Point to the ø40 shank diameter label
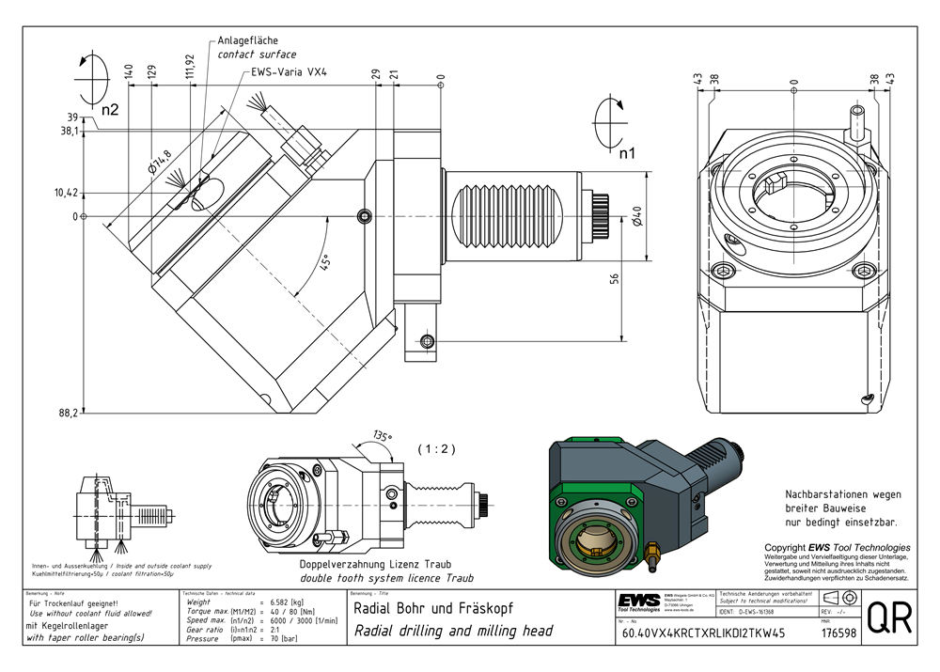(x=636, y=218)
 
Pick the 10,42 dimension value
(x=65, y=193)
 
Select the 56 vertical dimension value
(x=613, y=278)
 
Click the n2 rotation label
(x=109, y=110)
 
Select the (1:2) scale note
(x=436, y=449)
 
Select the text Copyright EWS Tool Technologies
(x=837, y=547)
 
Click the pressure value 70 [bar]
(x=282, y=638)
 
